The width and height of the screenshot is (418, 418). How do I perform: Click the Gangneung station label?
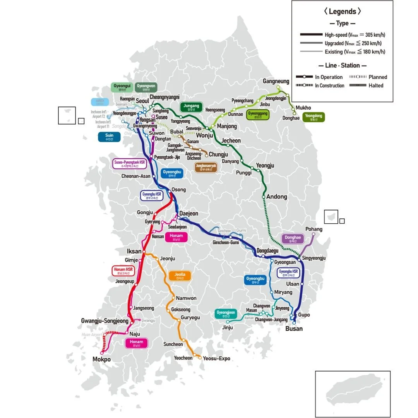pos(276,81)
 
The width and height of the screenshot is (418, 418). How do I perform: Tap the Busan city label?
pos(294,329)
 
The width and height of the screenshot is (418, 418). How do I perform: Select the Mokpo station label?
pos(101,359)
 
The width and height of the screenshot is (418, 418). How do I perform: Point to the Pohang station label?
pos(313,229)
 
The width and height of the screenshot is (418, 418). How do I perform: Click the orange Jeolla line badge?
pos(180,276)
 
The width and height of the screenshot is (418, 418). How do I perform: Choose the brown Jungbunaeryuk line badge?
pos(206,167)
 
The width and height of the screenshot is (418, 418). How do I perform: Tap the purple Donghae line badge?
pos(293,239)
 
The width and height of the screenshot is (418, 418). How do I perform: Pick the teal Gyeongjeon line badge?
pos(226,314)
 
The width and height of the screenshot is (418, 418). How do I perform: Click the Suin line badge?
pos(109,137)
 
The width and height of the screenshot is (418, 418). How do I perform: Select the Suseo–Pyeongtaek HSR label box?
pos(129,164)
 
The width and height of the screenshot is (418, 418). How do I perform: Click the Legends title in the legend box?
pos(342,12)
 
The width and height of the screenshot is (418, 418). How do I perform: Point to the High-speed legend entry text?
pos(355,35)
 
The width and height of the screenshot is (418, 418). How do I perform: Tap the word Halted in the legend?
pos(376,86)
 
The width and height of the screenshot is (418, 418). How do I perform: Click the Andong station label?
pos(277,197)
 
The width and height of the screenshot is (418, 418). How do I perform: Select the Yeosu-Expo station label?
pos(216,358)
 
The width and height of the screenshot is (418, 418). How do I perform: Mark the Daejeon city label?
pos(188,214)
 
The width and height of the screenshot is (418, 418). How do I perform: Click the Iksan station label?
pos(134,251)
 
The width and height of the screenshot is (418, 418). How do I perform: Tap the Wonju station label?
pos(204,135)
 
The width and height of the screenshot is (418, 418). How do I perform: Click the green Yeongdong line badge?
pos(314,117)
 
